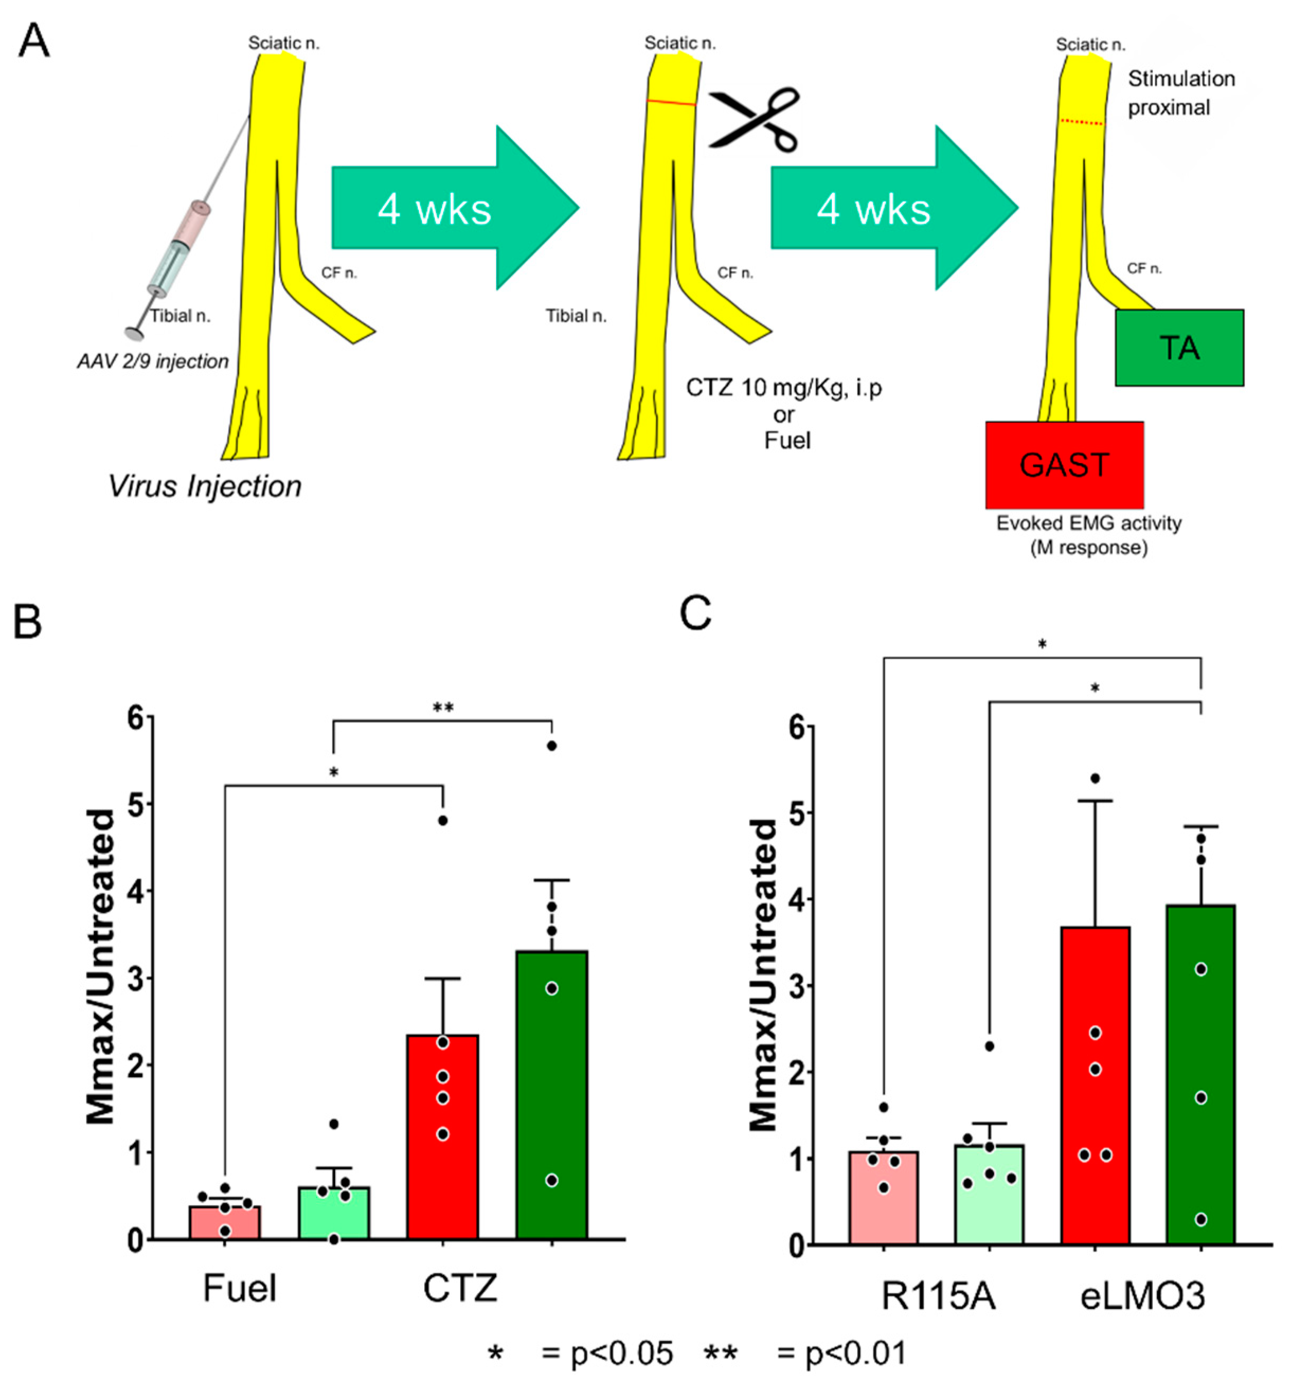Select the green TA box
pos(1178,347)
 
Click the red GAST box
pos(1064,464)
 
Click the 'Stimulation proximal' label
pos(1180,93)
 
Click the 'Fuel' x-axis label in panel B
pos(239,1287)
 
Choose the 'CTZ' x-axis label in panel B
pos(460,1287)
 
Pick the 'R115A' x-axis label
pos(938,1296)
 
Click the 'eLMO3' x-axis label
pos(1142,1296)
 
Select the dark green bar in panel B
pos(551,1096)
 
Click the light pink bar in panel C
pos(883,1198)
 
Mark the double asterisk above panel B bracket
pos(443,708)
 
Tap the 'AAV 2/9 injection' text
pos(153,362)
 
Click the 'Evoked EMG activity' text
pos(1088,524)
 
